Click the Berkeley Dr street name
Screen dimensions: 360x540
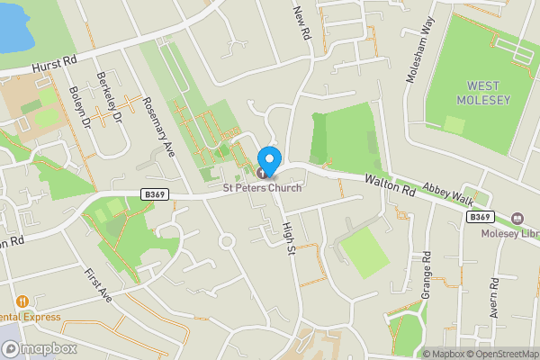point(112,95)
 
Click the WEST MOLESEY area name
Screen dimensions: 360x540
point(489,92)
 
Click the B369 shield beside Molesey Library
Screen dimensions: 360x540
point(480,217)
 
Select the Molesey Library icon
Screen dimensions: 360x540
point(517,219)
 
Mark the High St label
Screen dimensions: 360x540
point(289,238)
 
